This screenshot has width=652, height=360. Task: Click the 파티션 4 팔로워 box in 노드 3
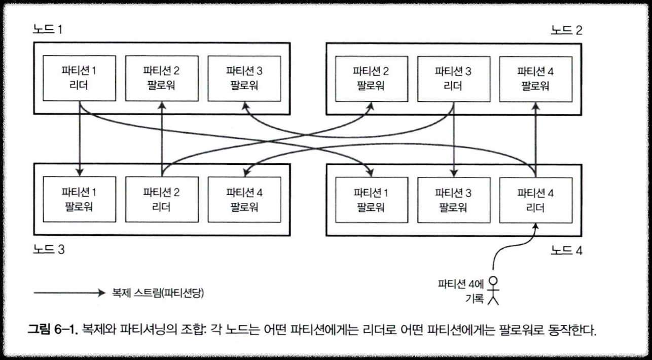244,199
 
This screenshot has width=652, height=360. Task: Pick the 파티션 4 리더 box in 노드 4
535,199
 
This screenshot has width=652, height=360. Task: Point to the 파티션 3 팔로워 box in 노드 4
453,199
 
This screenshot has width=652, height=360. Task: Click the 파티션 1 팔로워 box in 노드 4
370,199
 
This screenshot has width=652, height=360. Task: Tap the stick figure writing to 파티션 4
493,291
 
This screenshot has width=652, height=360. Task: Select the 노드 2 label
566,29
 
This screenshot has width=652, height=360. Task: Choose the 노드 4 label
566,249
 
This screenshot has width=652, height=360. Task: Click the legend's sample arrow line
68,293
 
